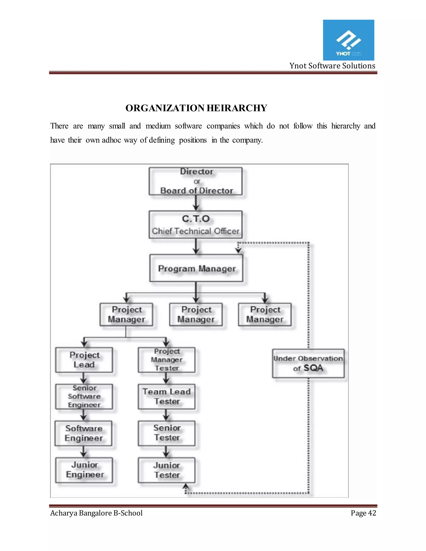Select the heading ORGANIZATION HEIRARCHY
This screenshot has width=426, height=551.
196,108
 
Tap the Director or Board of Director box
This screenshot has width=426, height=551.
196,181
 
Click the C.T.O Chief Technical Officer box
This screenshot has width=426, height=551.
196,225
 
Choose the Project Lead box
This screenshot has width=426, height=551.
84,360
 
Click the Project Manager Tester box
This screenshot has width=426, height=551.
167,360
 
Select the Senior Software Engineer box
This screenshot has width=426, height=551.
84,396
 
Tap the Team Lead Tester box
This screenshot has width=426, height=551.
167,396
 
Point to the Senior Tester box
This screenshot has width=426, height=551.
167,433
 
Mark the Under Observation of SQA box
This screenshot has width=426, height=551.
308,363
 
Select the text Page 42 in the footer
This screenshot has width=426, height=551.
363,513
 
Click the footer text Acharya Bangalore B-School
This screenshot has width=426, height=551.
96,513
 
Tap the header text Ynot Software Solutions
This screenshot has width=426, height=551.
332,66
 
